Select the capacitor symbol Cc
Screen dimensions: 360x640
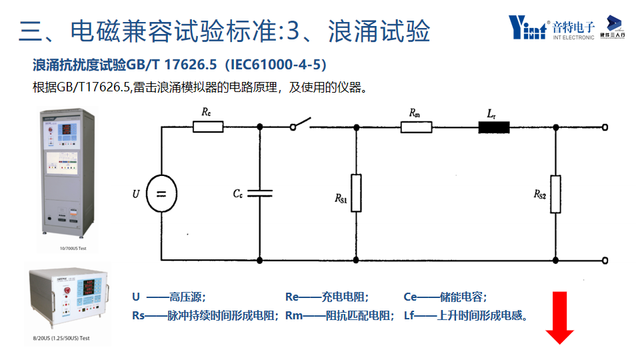click(x=259, y=193)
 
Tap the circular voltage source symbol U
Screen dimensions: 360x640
click(x=161, y=193)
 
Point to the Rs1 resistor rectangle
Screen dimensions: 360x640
click(x=356, y=193)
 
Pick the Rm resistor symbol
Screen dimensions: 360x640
click(x=416, y=126)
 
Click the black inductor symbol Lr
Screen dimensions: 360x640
click(x=494, y=126)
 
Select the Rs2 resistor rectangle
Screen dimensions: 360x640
click(x=555, y=193)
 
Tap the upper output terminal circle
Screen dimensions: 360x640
click(x=605, y=126)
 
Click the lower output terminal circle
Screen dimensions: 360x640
click(x=605, y=260)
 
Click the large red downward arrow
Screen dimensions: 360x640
click(x=559, y=317)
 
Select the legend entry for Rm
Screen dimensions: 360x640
click(x=339, y=316)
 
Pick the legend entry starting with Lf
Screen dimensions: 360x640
click(x=466, y=316)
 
